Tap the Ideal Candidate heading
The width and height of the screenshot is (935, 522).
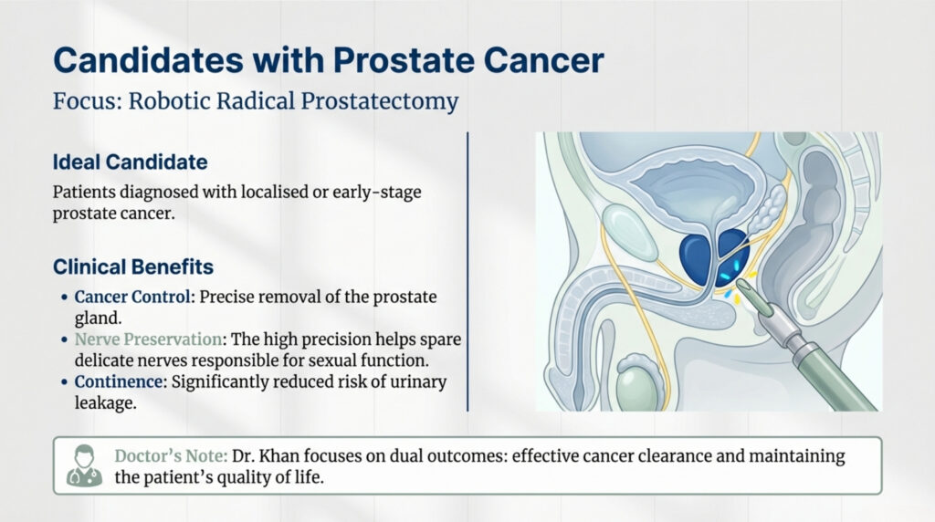point(130,162)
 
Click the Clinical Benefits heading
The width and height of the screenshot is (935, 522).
point(132,267)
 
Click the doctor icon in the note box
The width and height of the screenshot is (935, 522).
point(84,465)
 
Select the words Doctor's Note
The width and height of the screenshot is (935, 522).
point(171,455)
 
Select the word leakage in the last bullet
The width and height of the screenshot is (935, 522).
point(95,402)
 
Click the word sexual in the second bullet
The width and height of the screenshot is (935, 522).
point(326,360)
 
